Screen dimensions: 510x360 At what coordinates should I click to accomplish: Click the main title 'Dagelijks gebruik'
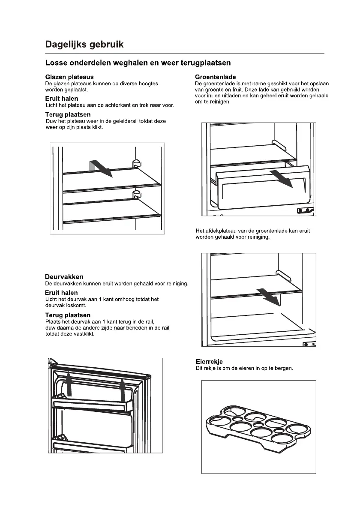(85, 44)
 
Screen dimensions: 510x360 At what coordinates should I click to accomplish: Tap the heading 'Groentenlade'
(215, 77)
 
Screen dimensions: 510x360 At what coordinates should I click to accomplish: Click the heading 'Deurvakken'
(64, 277)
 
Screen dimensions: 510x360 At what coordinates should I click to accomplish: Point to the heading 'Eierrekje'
(209, 362)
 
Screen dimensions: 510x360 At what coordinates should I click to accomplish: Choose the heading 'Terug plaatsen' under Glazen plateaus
(68, 114)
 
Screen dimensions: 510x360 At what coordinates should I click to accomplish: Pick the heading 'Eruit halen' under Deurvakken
(61, 293)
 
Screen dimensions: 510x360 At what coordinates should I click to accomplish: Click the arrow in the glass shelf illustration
(103, 168)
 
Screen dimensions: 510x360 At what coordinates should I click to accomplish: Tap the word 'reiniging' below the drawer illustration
(258, 237)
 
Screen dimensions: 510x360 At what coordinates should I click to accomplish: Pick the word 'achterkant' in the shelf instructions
(111, 105)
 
